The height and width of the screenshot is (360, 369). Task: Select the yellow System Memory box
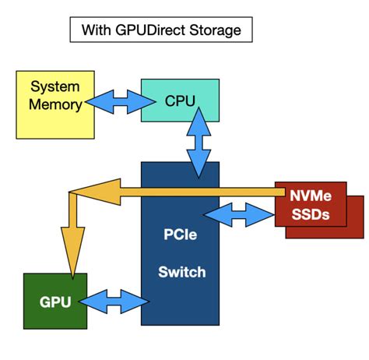tap(51, 104)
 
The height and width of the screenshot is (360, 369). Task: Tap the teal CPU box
tap(179, 100)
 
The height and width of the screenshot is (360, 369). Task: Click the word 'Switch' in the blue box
tap(181, 272)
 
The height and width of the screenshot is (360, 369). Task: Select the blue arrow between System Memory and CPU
tap(112, 100)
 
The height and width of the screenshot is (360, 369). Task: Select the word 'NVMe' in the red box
tap(310, 196)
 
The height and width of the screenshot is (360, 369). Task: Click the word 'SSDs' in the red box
tap(310, 213)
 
